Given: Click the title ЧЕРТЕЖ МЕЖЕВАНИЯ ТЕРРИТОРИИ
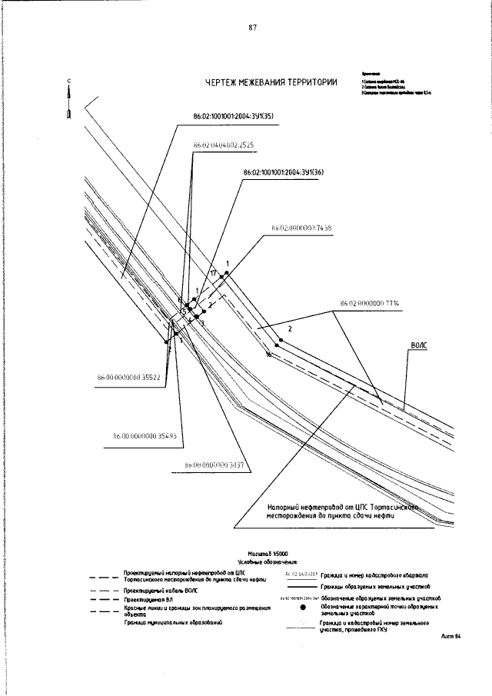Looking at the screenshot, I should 271,84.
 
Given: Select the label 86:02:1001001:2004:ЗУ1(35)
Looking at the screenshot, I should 233,117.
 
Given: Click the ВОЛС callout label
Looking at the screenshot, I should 418,346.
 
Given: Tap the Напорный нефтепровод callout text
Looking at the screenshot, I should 341,512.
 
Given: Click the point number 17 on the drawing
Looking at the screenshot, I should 213,273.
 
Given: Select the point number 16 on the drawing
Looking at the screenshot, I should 268,355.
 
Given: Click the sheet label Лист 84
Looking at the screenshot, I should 450,637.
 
